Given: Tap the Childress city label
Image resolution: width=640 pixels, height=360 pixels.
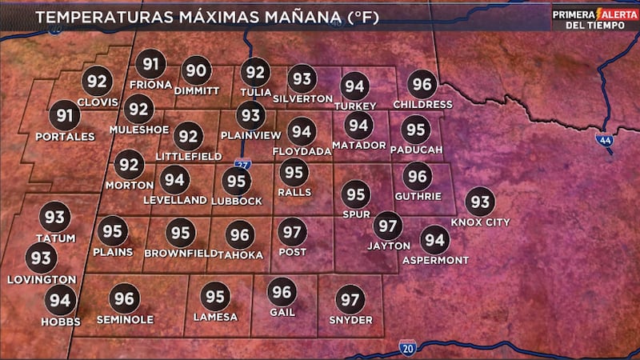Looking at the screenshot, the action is [x=422, y=105].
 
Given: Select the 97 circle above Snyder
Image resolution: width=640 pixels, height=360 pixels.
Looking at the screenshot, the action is [x=350, y=301].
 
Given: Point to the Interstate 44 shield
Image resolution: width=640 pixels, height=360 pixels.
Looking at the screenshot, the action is [x=604, y=140].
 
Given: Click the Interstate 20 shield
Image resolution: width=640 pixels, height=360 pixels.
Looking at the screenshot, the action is [x=407, y=348].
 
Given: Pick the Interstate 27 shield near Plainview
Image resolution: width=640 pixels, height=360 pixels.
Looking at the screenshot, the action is [x=243, y=164].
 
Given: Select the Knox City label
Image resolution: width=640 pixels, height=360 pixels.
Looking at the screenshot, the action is [x=480, y=222].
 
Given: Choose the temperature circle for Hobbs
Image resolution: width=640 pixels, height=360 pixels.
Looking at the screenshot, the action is [x=59, y=301].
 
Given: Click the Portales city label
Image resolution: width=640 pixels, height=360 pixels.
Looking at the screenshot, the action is [x=65, y=137].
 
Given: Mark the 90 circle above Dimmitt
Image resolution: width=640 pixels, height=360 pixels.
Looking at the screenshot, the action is [x=196, y=70].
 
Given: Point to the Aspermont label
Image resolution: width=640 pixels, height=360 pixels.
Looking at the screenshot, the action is [x=435, y=261].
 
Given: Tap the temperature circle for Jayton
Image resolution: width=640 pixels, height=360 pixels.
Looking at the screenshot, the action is [x=388, y=226].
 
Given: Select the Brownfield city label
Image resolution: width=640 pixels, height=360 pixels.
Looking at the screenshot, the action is [x=182, y=254].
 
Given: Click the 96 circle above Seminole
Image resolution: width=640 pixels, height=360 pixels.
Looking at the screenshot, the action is [x=124, y=298].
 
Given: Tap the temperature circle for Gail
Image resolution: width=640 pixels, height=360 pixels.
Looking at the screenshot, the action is [x=281, y=292].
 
